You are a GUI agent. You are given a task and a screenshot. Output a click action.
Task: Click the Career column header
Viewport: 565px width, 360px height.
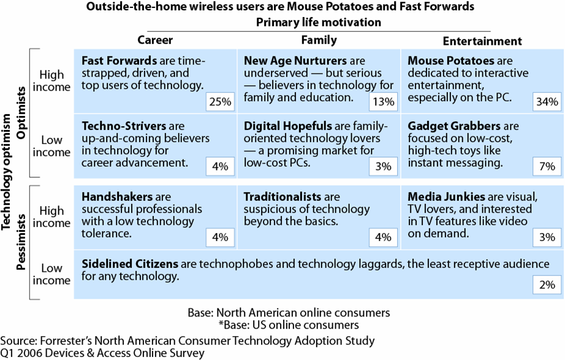(x=155, y=40)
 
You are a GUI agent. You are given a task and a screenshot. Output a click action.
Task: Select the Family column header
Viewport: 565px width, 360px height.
(x=319, y=40)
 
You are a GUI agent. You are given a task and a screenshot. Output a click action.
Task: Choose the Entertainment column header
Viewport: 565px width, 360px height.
(x=482, y=41)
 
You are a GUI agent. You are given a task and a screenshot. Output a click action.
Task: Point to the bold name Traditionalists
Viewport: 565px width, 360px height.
(x=282, y=197)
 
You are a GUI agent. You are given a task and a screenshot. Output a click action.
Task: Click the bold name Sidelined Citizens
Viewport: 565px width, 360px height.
(x=130, y=264)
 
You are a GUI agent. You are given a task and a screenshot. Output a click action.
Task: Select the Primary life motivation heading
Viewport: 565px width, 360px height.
(x=319, y=22)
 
